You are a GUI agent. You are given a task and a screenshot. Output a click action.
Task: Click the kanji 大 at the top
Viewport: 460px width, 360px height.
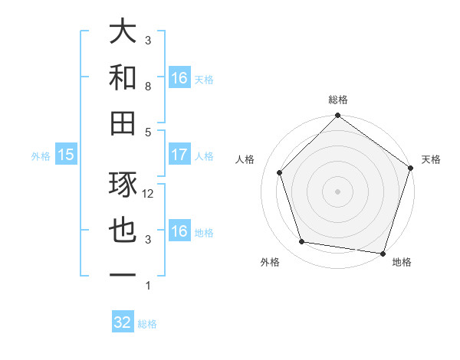coord(123,33)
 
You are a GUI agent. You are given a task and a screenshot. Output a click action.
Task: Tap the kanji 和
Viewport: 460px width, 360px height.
coord(123,77)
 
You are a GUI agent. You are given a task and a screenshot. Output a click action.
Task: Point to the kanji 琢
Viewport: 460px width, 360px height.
coord(123,185)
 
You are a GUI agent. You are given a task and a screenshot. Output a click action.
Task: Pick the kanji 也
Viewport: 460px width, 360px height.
coord(123,231)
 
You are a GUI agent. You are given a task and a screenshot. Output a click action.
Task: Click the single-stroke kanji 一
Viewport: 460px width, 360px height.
coord(123,275)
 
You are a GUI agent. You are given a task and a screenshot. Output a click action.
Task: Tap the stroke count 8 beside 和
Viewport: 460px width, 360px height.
coord(149,86)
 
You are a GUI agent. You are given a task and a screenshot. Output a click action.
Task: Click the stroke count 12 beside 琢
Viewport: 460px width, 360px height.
coord(149,194)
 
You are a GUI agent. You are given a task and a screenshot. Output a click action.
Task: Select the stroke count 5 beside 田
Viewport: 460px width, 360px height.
coord(149,131)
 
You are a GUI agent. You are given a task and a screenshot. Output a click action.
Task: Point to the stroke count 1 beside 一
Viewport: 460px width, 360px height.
coord(149,286)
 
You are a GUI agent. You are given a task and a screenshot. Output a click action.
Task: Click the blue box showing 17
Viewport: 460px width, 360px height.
coord(179,155)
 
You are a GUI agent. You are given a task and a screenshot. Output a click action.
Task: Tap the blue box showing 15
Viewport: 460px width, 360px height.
coord(66,155)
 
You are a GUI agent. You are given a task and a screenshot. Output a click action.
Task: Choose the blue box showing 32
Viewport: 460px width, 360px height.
coord(123,322)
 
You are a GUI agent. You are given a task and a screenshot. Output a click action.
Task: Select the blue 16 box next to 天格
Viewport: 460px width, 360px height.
coord(179,78)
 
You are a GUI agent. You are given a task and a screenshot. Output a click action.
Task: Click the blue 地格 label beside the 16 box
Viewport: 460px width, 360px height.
coord(204,233)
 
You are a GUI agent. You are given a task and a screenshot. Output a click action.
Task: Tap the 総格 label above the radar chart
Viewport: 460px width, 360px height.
coord(338,100)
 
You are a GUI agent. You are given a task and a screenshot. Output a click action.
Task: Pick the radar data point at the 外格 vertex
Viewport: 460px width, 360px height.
coord(302,242)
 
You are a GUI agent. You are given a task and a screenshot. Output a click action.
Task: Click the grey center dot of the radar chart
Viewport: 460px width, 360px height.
coord(338,191)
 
